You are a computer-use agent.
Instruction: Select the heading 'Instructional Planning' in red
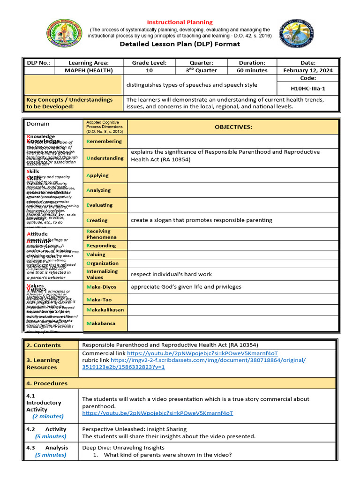[x=180, y=22]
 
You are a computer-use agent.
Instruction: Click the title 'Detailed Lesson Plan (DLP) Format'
[x=180, y=44]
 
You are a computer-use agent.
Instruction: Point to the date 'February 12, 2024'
[x=308, y=70]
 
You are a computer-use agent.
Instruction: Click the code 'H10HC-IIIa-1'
[x=308, y=88]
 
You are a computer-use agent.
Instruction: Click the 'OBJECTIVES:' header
[x=233, y=127]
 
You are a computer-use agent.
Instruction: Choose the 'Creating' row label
[x=97, y=220]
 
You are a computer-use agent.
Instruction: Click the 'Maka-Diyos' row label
[x=101, y=287]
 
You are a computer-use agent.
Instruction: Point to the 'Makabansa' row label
[x=101, y=323]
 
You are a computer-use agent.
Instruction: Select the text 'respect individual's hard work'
[x=171, y=274]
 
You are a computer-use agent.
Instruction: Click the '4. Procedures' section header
[x=47, y=383]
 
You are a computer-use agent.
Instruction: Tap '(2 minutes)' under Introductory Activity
[x=48, y=416]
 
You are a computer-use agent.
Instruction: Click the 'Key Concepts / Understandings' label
[x=69, y=99]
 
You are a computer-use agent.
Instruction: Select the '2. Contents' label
[x=44, y=345]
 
